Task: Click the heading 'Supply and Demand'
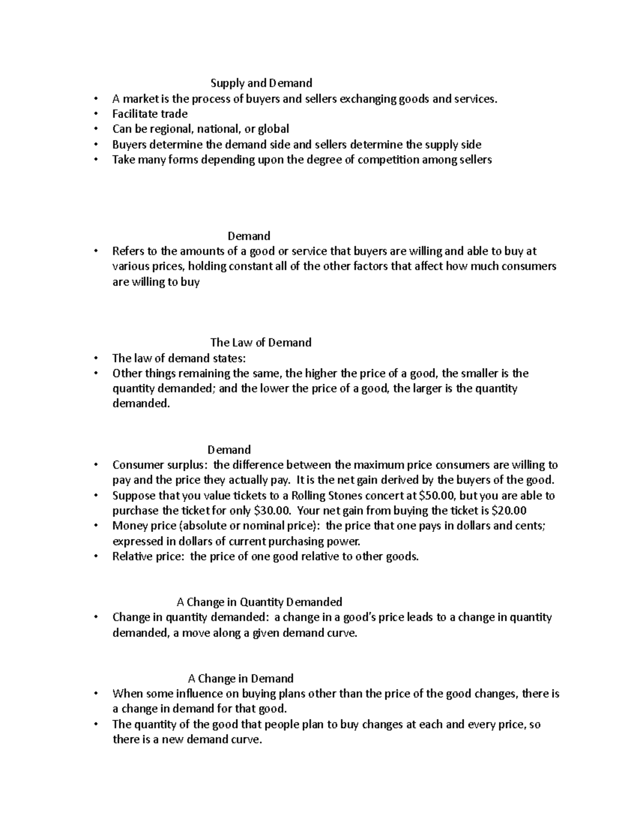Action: coord(261,83)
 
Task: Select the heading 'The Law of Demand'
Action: coord(261,343)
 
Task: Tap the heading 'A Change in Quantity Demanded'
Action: coord(259,602)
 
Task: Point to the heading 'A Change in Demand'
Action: coord(240,678)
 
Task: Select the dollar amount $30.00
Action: coord(272,511)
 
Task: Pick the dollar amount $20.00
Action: coord(509,511)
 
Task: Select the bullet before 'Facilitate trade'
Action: coord(96,114)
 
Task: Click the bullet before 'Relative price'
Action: coord(96,557)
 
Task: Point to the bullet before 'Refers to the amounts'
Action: coord(96,251)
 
